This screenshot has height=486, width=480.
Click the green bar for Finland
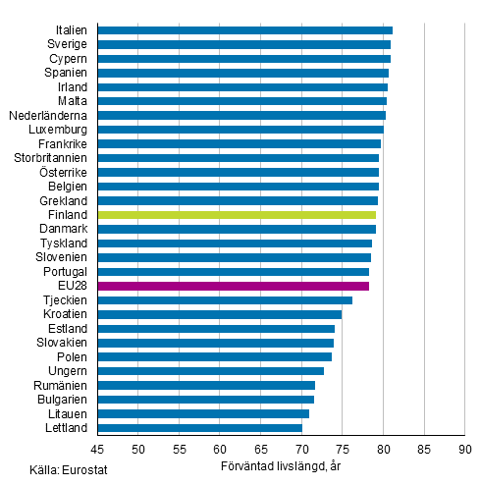pos(237,214)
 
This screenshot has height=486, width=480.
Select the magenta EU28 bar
pos(234,286)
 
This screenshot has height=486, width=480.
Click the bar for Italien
pos(245,30)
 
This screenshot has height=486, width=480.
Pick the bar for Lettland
pos(200,428)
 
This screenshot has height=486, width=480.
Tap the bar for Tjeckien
pos(225,299)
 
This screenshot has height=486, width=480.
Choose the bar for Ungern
pos(211,371)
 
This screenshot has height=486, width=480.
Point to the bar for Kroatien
pos(220,314)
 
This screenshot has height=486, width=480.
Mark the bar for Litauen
pos(203,413)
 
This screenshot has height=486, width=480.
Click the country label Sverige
pos(67,44)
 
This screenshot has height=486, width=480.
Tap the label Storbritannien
pos(50,157)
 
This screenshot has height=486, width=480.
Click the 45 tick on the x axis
pos(98,450)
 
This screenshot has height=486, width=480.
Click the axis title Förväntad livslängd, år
pos(281,465)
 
